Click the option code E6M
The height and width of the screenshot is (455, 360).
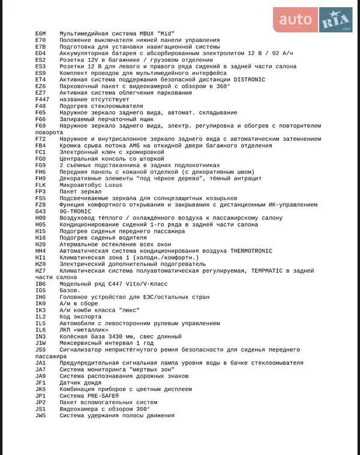[x=41, y=34]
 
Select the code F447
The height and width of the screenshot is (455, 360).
[x=43, y=100]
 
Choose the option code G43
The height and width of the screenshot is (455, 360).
[x=41, y=211]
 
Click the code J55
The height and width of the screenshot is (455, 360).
[x=41, y=349]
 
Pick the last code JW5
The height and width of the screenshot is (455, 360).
[x=41, y=415]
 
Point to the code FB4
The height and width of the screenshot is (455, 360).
[x=41, y=146]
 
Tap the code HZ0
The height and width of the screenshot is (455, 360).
[x=41, y=264]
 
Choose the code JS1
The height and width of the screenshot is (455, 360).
[x=41, y=409]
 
